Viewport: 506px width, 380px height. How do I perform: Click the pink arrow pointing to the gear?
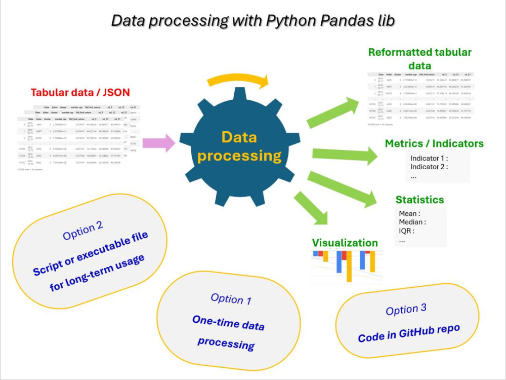click(x=158, y=143)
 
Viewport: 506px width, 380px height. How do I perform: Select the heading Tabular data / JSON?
click(x=80, y=92)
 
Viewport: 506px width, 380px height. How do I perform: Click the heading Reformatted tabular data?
click(x=420, y=59)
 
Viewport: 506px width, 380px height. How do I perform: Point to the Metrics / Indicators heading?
click(x=434, y=143)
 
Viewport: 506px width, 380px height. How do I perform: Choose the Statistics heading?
click(x=419, y=200)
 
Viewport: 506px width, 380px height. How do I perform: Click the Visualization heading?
click(x=345, y=243)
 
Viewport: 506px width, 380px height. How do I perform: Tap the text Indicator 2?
click(x=429, y=167)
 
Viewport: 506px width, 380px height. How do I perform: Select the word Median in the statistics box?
click(x=412, y=222)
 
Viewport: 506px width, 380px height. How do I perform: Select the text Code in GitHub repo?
click(x=409, y=333)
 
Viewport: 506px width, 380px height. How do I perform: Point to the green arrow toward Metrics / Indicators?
click(x=344, y=156)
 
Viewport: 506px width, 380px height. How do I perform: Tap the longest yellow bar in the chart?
click(x=349, y=266)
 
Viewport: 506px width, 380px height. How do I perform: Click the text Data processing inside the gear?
click(x=239, y=146)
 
